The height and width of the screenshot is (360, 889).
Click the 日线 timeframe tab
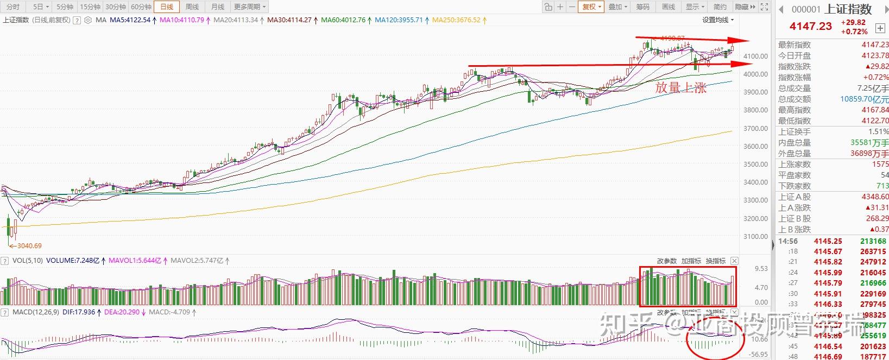click(x=166, y=7)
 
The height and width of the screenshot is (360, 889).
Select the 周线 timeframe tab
click(x=192, y=7)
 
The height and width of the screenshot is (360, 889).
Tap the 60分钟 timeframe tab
click(x=141, y=7)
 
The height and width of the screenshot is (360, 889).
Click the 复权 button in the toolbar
click(x=591, y=7)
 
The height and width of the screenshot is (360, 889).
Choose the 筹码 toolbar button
click(x=642, y=7)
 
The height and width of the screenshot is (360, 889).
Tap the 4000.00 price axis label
click(x=755, y=74)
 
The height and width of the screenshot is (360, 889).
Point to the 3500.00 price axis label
click(x=755, y=165)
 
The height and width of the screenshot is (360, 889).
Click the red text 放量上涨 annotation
click(x=680, y=88)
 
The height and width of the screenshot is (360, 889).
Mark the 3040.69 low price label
click(x=27, y=246)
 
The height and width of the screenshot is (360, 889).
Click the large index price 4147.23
click(x=810, y=26)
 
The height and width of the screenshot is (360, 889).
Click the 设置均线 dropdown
click(x=717, y=20)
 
